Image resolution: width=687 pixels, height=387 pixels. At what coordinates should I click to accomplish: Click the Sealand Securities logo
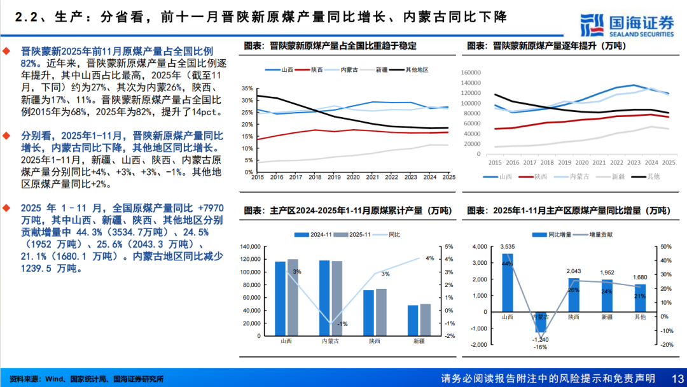(x=628, y=24)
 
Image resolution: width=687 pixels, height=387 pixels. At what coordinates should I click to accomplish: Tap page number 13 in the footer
(x=676, y=379)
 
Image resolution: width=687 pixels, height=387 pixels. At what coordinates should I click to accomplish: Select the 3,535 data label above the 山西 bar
(x=508, y=246)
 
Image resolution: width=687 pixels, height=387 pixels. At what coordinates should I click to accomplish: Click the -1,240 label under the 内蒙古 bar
(x=541, y=339)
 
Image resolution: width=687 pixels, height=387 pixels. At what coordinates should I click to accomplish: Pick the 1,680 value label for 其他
(x=640, y=277)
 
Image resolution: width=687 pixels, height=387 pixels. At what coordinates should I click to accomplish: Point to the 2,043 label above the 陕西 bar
(x=574, y=271)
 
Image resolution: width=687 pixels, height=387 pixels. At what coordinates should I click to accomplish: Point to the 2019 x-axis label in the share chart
(x=334, y=178)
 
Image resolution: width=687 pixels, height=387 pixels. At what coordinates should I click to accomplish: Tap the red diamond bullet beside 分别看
(x=6, y=136)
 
